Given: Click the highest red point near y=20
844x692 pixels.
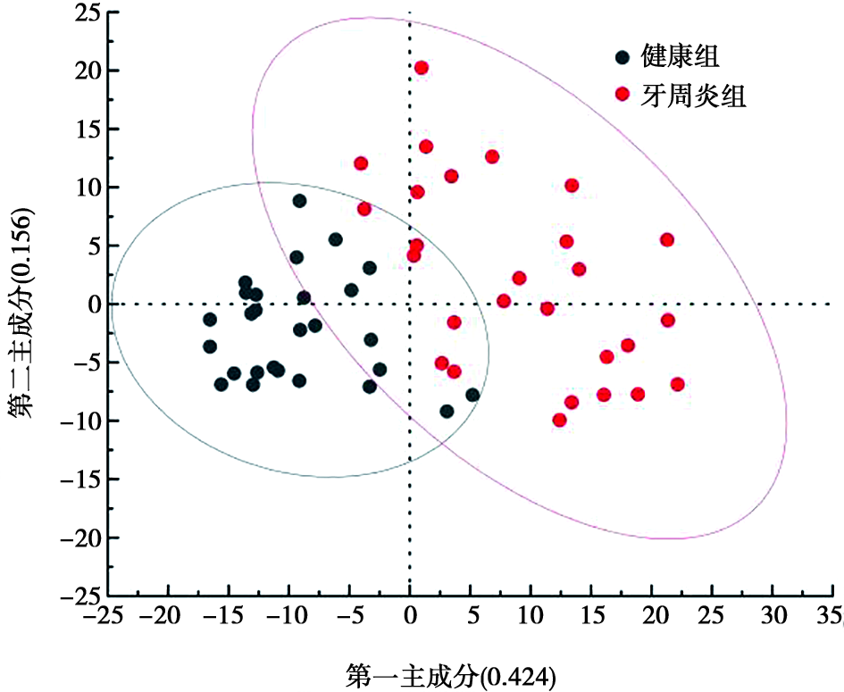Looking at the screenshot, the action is pos(422,68).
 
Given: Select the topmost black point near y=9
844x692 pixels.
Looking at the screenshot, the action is pos(300,201).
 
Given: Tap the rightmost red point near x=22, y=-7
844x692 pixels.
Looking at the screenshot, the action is pos(678,384).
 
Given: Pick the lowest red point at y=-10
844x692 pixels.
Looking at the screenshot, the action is pos(560,421).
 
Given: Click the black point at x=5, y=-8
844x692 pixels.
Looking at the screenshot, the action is pos(472,395).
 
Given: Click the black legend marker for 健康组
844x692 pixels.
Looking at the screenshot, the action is pos(623,57).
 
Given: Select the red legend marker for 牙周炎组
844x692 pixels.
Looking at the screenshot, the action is pos(623,94).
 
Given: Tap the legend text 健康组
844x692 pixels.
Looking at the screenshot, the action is pos(680,56).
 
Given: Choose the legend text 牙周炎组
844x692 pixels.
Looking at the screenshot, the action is pos(693,96).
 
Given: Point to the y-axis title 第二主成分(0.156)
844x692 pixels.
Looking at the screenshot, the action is pos(21,313).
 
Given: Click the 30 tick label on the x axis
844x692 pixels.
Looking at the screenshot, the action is pos(773,615).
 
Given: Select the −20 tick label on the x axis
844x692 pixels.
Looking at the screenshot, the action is pos(163,615).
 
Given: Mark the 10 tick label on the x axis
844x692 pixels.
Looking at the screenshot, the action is pos(531,615).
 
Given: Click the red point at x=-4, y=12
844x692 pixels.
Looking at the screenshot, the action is pos(361,163).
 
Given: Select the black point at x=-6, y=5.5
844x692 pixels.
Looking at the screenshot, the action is pos(335,239).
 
